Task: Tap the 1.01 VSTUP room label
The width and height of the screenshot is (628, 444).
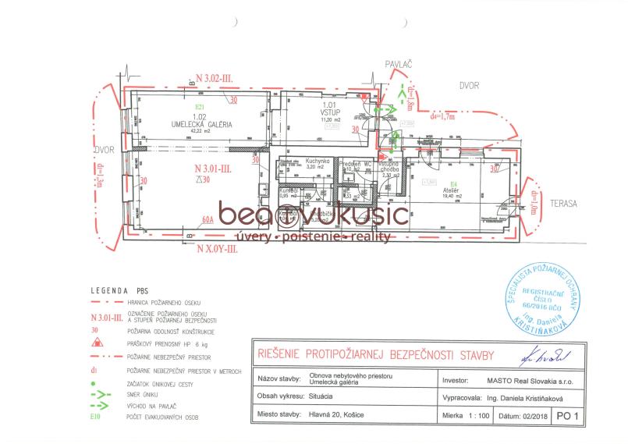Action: click(x=330, y=115)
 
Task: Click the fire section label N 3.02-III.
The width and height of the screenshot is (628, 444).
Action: click(x=220, y=80)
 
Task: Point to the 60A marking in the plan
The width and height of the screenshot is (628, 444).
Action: click(x=207, y=221)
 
